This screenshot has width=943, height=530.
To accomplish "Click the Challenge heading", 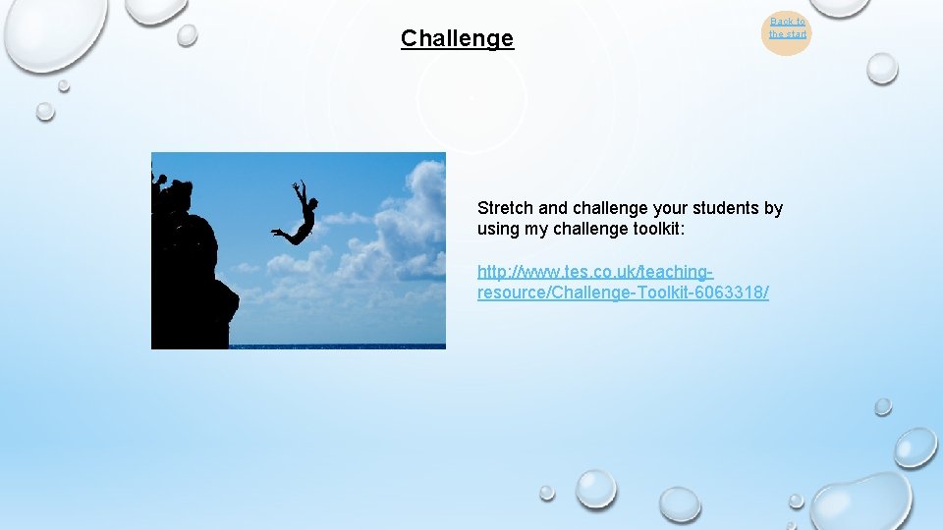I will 457,39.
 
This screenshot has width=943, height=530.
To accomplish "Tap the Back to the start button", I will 787,28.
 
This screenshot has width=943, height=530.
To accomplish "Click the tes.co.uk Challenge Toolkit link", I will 622,282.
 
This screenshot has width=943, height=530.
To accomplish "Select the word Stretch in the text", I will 505,208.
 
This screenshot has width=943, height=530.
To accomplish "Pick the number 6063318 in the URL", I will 731,293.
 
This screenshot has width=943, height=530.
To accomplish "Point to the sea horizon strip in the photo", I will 334,345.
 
